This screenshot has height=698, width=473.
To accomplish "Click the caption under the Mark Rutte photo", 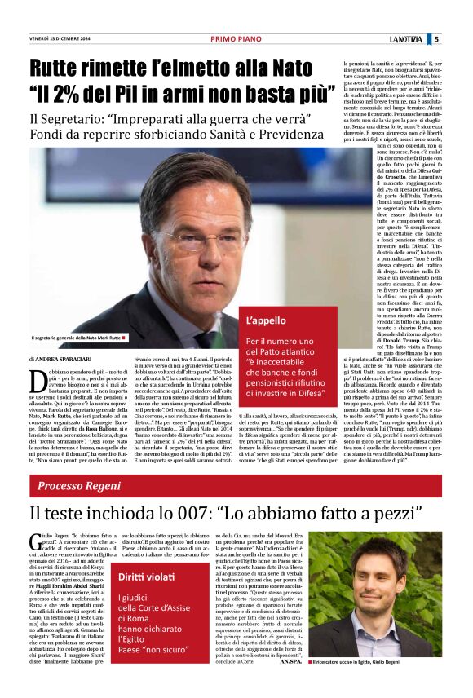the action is tap(77, 338).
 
